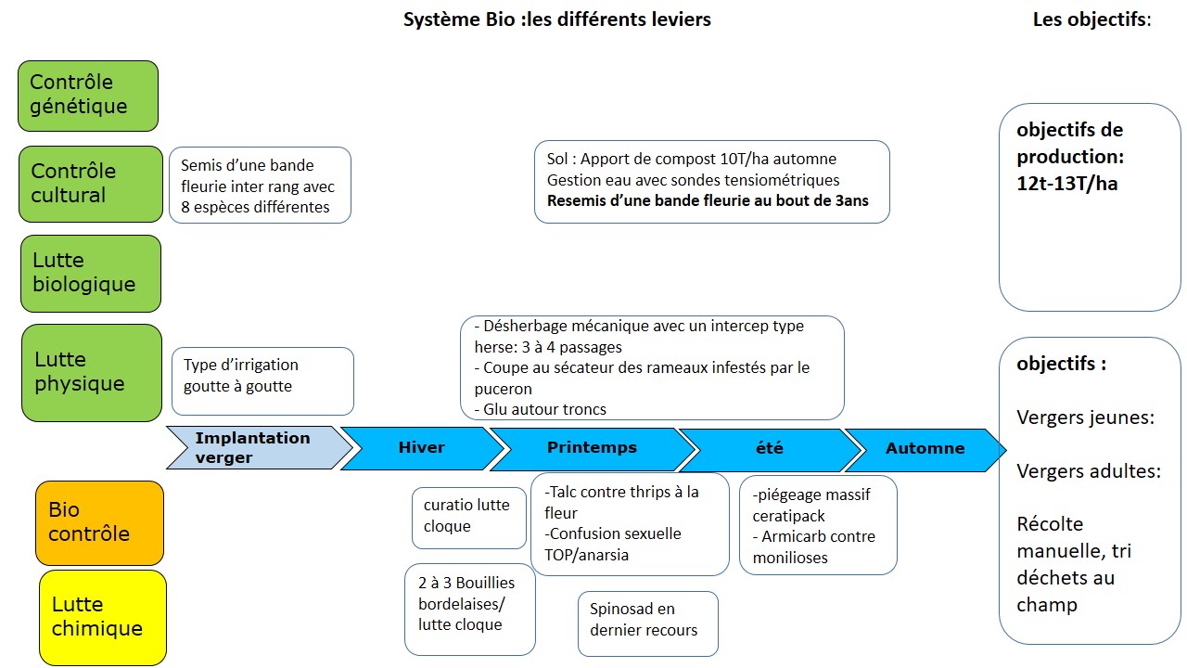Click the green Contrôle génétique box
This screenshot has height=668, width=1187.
tap(88, 96)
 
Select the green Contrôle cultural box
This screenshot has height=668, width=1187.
tap(89, 184)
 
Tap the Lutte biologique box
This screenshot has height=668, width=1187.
tap(90, 273)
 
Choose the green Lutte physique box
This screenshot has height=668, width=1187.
tap(91, 372)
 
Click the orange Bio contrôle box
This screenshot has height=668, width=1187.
tap(99, 522)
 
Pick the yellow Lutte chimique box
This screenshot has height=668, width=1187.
tap(102, 617)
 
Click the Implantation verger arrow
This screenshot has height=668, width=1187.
tap(255, 448)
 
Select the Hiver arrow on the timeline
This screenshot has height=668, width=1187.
tap(422, 448)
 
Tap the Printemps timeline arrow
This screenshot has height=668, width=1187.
tap(592, 448)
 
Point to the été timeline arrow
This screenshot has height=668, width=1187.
tap(769, 448)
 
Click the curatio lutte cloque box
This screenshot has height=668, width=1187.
tap(468, 517)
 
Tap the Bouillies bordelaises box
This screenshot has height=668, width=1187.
tap(469, 609)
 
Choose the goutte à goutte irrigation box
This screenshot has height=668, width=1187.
tap(262, 380)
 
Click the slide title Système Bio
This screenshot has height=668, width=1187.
tap(556, 19)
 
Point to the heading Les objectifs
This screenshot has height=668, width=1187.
tap(1091, 19)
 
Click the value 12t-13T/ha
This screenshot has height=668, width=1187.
tap(1066, 184)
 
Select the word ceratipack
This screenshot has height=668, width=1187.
tap(788, 516)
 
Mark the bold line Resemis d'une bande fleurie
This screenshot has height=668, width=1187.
tap(708, 200)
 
